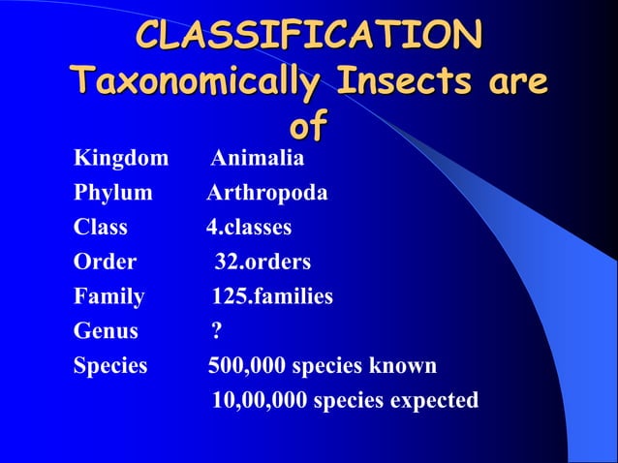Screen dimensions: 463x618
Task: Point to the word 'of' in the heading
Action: [x=308, y=126]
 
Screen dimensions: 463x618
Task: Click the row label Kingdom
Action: [x=121, y=158]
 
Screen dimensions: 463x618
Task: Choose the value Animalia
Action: [x=257, y=158]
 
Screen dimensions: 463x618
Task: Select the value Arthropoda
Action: [x=266, y=193]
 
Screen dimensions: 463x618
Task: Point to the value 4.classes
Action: [x=248, y=228]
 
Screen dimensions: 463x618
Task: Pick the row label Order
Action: [x=105, y=262]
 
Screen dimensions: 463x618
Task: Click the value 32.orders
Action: [x=262, y=262]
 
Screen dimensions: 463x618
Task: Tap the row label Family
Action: [x=109, y=296]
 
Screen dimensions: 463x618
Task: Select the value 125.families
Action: [x=272, y=296]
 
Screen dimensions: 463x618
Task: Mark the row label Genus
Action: [x=106, y=331]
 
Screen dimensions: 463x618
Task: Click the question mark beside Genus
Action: [x=217, y=331]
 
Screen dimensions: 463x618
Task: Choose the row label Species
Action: [x=110, y=366]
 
